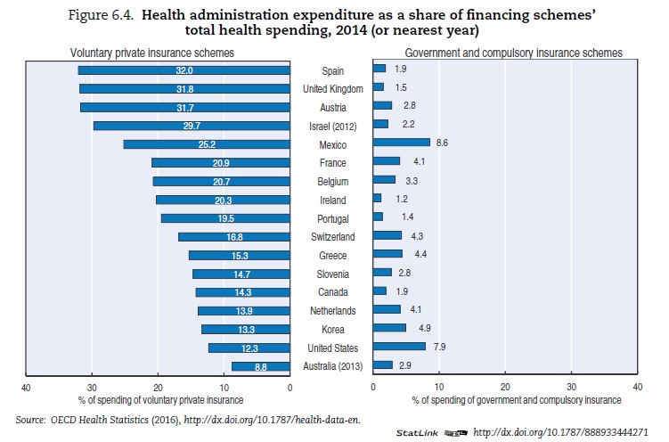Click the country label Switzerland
[332, 237]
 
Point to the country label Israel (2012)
[332, 126]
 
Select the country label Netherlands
[332, 311]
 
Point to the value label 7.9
[439, 348]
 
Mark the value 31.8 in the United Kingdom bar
[185, 89]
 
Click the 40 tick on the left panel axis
[27, 388]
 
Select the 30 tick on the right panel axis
[571, 388]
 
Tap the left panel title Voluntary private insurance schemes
[152, 53]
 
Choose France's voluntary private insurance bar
[221, 163]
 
